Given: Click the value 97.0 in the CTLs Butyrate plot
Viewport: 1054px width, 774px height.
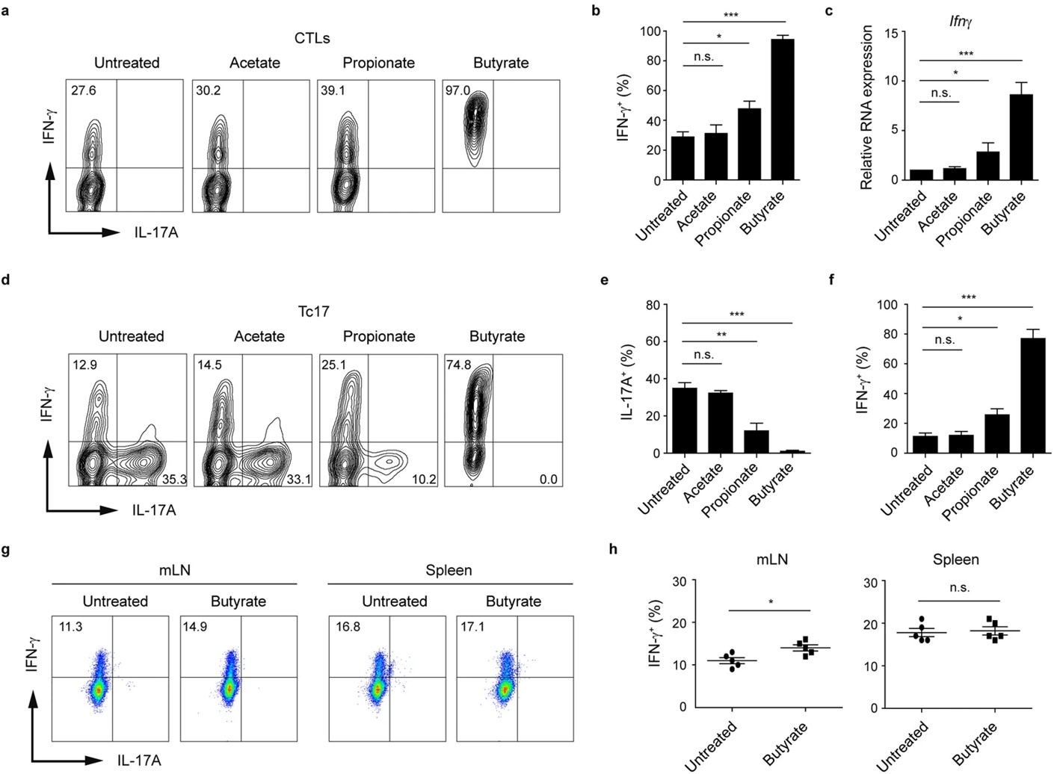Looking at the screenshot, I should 458,90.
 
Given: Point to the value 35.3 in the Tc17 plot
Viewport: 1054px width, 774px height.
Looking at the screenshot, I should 174,479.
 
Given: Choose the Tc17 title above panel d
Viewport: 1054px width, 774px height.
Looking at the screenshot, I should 313,310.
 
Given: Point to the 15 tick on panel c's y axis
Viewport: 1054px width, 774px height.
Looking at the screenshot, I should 891,31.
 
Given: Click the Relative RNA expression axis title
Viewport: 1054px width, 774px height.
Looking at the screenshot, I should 867,107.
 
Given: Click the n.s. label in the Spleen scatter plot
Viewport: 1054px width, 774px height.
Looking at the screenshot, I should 959,588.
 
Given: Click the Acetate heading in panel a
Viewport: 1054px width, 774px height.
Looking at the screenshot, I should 254,63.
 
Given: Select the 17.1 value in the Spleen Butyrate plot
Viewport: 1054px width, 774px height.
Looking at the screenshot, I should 472,626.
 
